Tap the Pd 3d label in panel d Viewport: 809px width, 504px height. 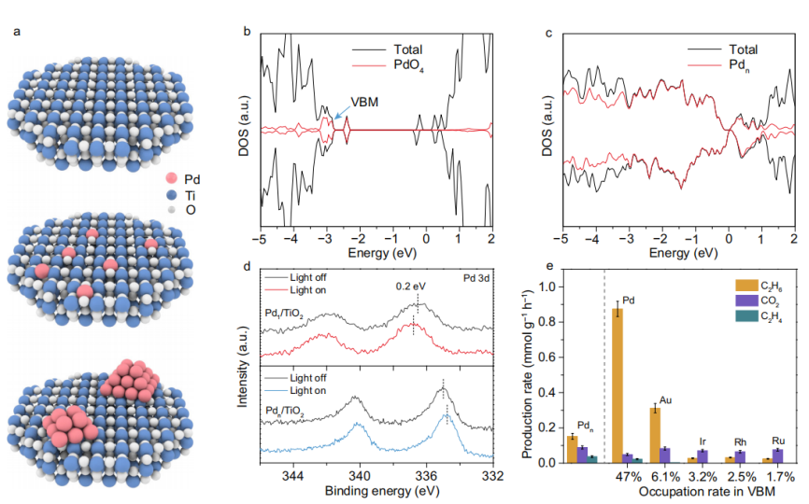(x=476, y=277)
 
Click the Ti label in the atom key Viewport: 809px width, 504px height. (x=190, y=196)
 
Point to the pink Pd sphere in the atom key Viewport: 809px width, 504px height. (x=169, y=178)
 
